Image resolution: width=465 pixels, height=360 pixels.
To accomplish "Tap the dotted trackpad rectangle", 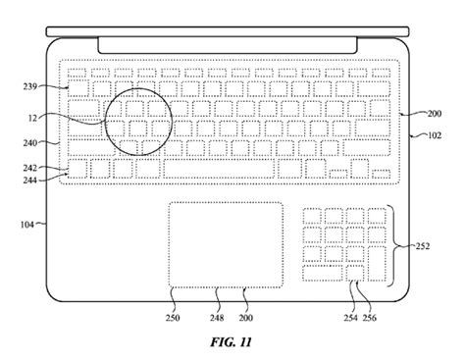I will (226, 245).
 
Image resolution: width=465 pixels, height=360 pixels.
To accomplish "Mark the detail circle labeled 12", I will (137, 124).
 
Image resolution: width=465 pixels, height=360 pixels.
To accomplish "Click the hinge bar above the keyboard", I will (230, 45).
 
